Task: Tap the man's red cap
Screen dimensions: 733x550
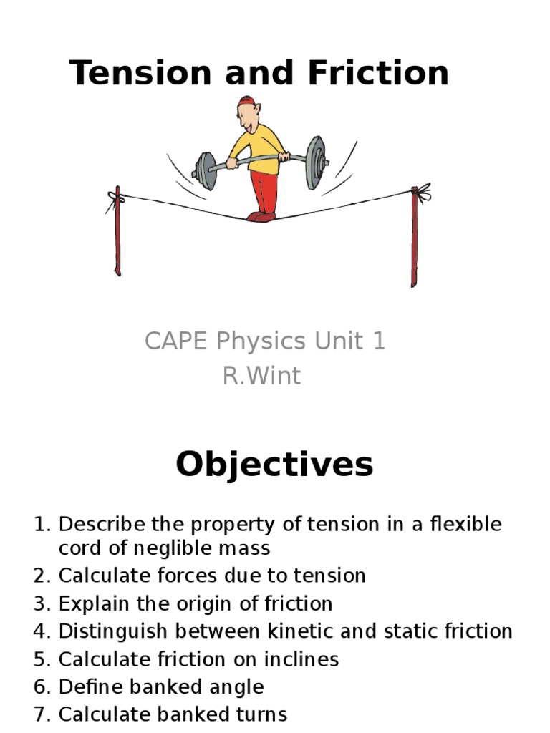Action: (x=246, y=102)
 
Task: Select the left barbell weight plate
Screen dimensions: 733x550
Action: (x=205, y=171)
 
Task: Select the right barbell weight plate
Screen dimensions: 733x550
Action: (x=315, y=162)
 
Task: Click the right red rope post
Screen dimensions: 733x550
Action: (x=414, y=236)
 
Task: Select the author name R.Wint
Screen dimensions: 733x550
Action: (x=262, y=376)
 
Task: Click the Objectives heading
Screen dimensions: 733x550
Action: (x=274, y=465)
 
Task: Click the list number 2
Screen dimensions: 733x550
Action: (x=42, y=576)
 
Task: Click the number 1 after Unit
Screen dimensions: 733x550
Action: (x=378, y=341)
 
